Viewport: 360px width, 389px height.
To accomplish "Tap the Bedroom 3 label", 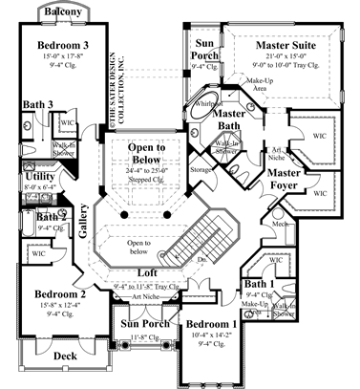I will point(63,46).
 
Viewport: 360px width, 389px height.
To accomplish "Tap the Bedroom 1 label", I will point(211,325).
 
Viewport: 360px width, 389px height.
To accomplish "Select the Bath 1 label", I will point(259,285).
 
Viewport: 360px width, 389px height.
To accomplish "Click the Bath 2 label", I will point(50,217).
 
